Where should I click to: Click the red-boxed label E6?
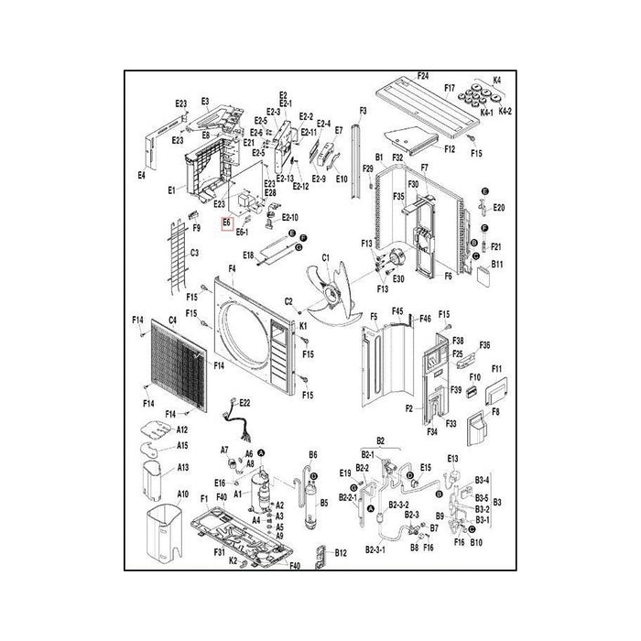click(x=226, y=223)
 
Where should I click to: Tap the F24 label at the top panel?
click(x=423, y=73)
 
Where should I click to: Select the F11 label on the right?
click(x=498, y=369)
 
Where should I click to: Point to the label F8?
click(x=496, y=412)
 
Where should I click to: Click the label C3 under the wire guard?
click(x=194, y=253)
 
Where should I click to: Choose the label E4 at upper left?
click(x=143, y=173)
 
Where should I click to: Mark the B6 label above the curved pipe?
click(x=312, y=454)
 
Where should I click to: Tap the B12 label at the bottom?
click(x=341, y=553)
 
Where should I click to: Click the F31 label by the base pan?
click(x=219, y=552)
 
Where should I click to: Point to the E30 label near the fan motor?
click(x=397, y=278)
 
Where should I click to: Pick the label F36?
click(x=485, y=344)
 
